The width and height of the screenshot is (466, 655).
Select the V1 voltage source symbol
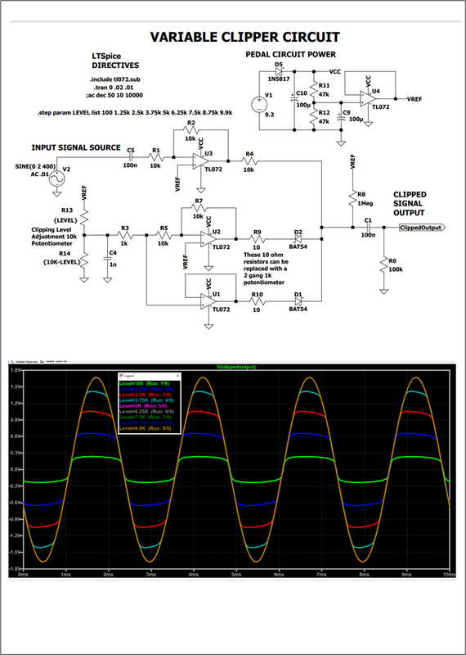coord(264,102)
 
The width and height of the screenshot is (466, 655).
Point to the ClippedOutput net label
coord(421,227)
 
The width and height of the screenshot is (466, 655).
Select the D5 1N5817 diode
coord(280,71)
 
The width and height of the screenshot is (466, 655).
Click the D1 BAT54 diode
coord(298,301)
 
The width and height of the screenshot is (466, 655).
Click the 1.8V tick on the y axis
coord(14,370)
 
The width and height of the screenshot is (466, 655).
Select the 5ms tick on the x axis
coord(235,576)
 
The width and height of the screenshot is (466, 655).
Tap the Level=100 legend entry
coord(132,382)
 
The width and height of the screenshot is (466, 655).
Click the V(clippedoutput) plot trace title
coord(237,366)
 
